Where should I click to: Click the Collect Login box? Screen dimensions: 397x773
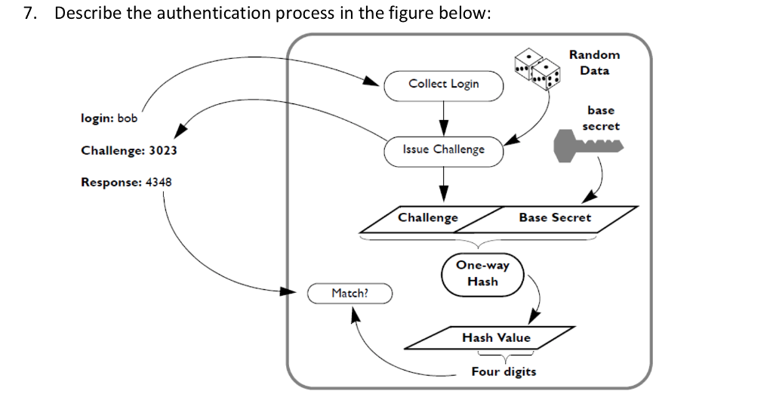point(443,85)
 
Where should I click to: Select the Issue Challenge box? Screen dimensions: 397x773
point(443,149)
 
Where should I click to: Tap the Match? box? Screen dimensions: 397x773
point(350,293)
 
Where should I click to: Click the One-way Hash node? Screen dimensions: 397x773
point(482,273)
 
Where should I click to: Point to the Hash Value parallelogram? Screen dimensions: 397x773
point(496,338)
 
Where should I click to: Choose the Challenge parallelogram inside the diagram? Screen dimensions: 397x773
point(428,218)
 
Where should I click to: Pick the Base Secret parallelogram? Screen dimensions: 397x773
point(555,218)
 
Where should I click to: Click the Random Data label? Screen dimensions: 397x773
point(594,63)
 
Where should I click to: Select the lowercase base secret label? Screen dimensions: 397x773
point(600,118)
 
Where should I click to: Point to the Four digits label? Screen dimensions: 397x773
point(504,372)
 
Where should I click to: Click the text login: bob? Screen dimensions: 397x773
point(109,118)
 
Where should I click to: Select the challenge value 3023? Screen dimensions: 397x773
point(162,150)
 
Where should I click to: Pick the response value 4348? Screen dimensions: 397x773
point(158,183)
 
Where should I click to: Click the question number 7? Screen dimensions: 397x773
point(29,14)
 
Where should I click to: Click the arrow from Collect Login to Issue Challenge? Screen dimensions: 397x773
point(443,118)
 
